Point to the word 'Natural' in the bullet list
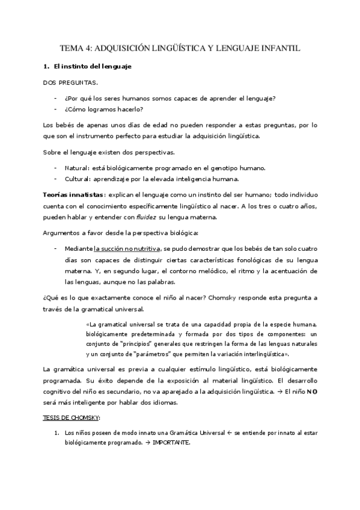coord(76,168)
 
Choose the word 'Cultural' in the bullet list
coord(77,179)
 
